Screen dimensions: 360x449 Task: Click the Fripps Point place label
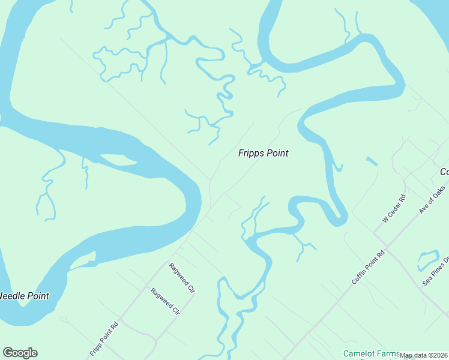[x=263, y=154]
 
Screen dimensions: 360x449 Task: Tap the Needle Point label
[x=24, y=296]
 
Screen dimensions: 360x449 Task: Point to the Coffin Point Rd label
[x=368, y=268]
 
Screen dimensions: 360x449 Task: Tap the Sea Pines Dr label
[x=435, y=271]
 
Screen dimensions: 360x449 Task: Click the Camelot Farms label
[x=370, y=354]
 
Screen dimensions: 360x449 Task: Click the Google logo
[x=20, y=353]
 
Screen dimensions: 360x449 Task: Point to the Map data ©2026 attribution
[x=423, y=355]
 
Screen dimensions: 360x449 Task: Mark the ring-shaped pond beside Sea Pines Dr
[x=429, y=259]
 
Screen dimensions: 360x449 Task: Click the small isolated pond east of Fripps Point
[x=371, y=161]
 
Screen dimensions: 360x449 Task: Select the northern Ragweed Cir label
[x=182, y=278]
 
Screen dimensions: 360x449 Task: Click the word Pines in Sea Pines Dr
[x=436, y=270]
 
